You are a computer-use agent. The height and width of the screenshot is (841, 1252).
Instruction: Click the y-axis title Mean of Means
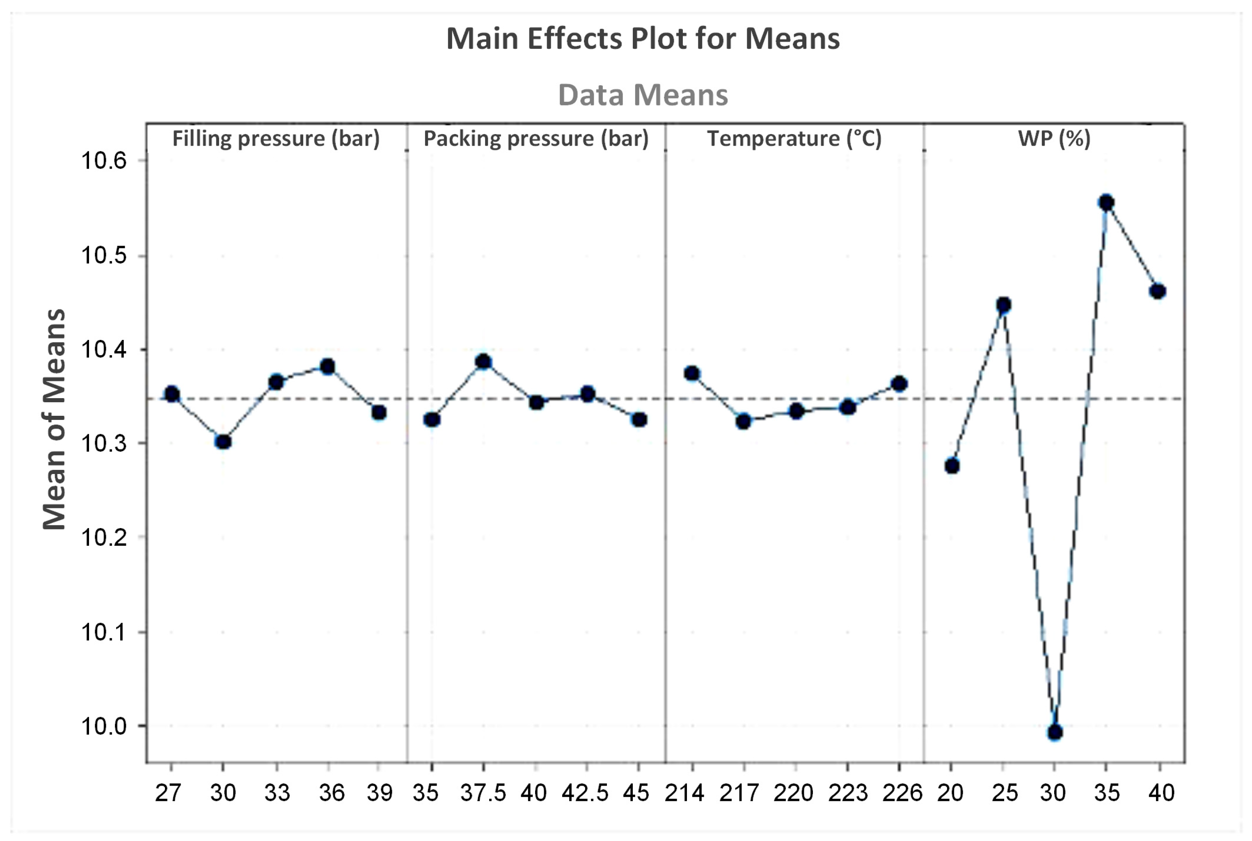coord(54,419)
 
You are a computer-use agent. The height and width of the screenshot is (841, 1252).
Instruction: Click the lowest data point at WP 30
coord(1055,732)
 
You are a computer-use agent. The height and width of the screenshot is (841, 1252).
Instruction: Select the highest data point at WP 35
coord(1106,203)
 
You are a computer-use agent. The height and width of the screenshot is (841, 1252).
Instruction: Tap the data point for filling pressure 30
coord(223,442)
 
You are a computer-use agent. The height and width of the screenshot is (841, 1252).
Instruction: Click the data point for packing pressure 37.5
coord(483,362)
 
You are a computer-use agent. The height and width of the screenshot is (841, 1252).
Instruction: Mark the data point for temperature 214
coord(692,373)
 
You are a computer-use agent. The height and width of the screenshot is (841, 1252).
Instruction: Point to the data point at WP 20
coord(952,465)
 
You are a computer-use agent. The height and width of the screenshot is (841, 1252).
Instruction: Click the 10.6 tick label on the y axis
coord(103,160)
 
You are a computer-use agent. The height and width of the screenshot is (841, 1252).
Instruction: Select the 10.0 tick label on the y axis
coord(103,726)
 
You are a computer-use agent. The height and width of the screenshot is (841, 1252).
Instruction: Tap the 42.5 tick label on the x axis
coord(585,793)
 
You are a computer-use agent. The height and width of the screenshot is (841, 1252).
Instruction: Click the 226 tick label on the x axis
coord(902,793)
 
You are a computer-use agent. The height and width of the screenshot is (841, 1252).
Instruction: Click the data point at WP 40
coord(1158,291)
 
